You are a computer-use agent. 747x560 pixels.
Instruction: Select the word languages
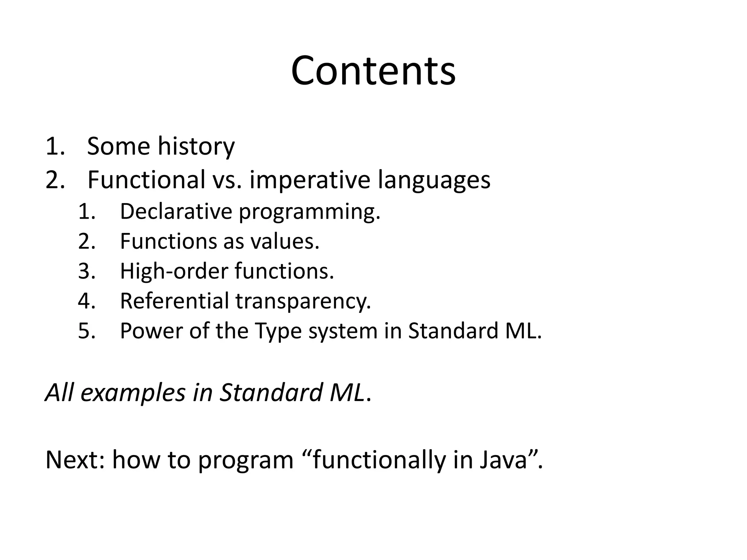[x=434, y=181]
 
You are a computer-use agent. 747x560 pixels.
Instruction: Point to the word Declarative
[x=176, y=211]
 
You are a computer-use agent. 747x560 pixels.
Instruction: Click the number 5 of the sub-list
[x=86, y=331]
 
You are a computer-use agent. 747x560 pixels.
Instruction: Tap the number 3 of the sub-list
[x=86, y=271]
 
